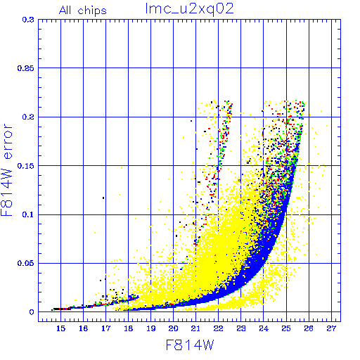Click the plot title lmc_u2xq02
coord(189,9)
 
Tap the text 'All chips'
coord(83,11)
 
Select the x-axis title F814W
coord(190,345)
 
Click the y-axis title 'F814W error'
coord(7,170)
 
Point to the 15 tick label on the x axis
coord(60,328)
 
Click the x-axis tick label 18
coord(128,328)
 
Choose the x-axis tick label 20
coord(173,328)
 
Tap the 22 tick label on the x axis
coord(218,328)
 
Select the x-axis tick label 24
coord(264,328)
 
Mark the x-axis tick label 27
coord(331,328)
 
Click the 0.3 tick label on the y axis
coord(28,20)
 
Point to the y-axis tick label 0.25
coord(26,68)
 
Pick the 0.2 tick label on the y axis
coord(28,117)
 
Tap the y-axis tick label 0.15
coord(26,166)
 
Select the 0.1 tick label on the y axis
coord(28,214)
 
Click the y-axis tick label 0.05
coord(26,263)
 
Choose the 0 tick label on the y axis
coord(32,312)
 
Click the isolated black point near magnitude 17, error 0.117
coord(103,198)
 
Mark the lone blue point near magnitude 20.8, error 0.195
coord(191,121)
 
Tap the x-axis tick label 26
coord(309,328)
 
